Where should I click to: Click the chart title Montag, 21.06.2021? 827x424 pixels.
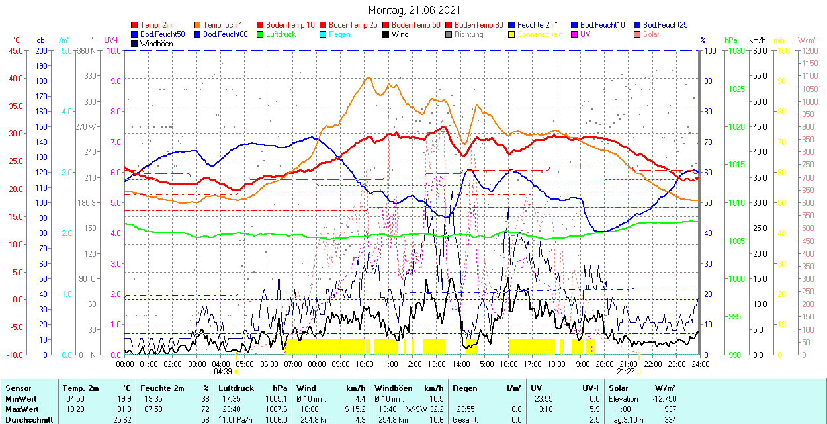click(414, 11)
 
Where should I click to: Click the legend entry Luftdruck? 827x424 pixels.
click(281, 34)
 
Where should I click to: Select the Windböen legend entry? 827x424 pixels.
click(156, 44)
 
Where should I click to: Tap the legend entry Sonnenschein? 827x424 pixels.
click(540, 34)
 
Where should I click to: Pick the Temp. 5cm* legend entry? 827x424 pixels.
click(222, 25)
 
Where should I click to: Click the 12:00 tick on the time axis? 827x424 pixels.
click(413, 364)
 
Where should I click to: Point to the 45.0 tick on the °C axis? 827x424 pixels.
click(15, 50)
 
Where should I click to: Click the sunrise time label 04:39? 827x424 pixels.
click(222, 372)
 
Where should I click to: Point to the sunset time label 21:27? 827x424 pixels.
click(626, 372)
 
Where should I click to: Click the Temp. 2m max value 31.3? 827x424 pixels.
click(124, 409)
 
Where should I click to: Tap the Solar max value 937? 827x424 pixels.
click(670, 409)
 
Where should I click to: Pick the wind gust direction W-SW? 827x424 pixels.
click(415, 409)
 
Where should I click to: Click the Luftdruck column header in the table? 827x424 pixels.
click(236, 388)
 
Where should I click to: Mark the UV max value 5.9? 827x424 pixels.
click(594, 409)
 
